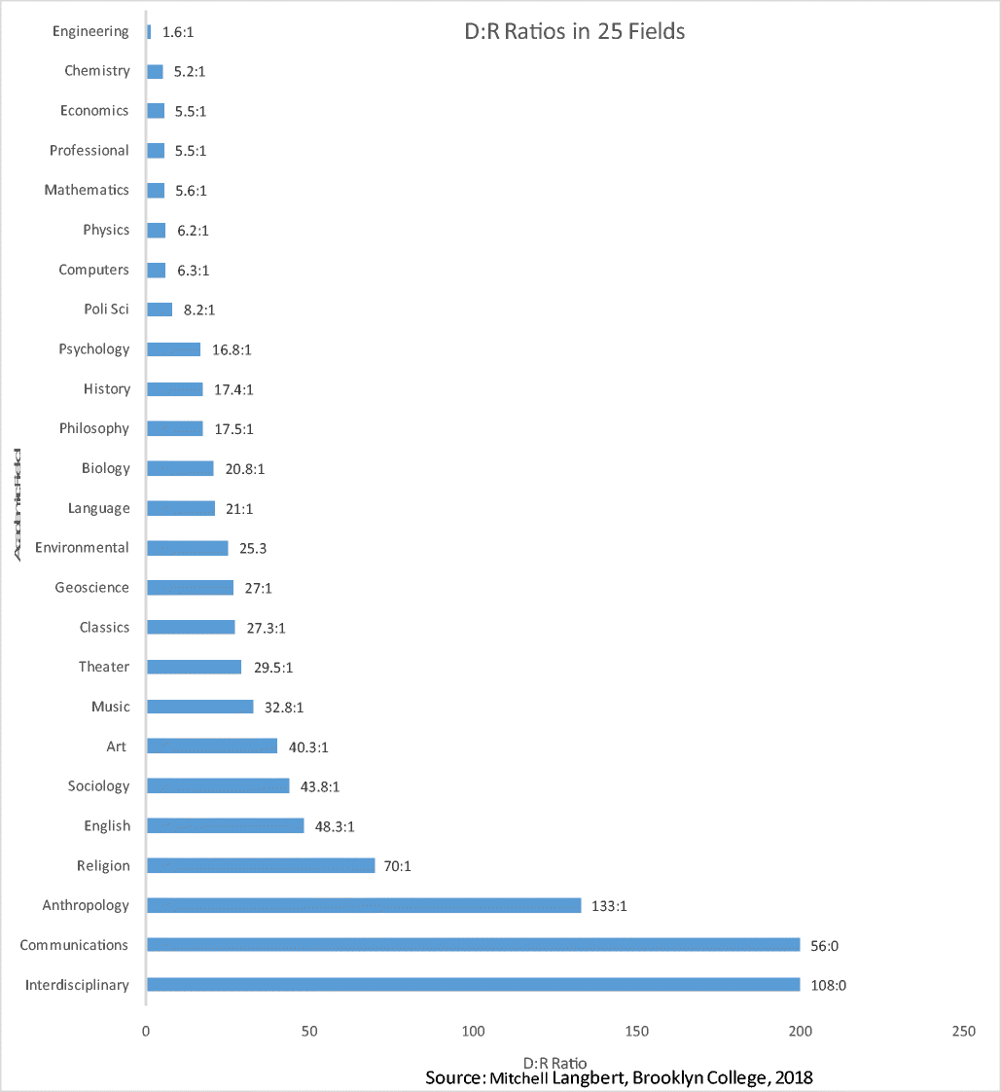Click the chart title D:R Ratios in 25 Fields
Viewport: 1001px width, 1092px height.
[574, 31]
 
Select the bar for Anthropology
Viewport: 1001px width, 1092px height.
[363, 905]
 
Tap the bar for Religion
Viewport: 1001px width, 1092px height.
[260, 865]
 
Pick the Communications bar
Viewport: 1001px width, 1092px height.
[473, 945]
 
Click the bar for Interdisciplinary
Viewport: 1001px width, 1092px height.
[473, 985]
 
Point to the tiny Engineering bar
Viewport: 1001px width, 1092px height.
[149, 32]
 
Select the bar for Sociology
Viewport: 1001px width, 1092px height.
[217, 785]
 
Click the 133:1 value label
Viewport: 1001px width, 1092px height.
[610, 906]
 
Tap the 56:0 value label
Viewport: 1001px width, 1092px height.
[828, 945]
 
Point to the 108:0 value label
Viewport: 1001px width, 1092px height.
[829, 985]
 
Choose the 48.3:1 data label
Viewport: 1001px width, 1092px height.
[334, 826]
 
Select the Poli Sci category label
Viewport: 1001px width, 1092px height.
[106, 309]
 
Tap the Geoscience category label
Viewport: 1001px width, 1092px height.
[91, 587]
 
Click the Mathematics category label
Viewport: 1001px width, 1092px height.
[87, 190]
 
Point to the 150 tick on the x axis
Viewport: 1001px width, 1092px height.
[636, 1032]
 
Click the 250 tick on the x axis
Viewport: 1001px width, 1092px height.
[963, 1032]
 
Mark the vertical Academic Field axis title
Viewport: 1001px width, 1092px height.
[19, 503]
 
